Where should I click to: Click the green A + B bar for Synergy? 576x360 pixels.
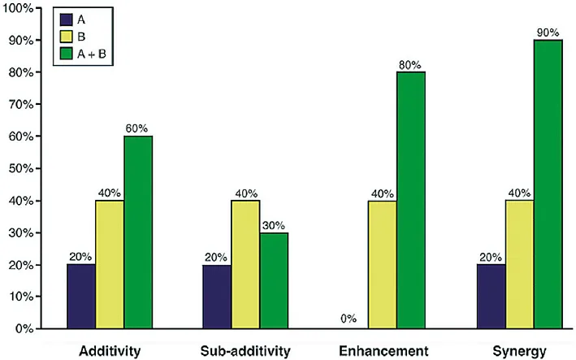[x=548, y=184]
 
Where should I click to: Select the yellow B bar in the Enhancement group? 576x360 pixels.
[x=383, y=264]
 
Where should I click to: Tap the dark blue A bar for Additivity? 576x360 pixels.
[x=81, y=297]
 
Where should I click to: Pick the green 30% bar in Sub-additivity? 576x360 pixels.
[x=274, y=280]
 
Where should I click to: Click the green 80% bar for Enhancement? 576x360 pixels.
[x=411, y=200]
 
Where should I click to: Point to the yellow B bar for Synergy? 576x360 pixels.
[x=520, y=264]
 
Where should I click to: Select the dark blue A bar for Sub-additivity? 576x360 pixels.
[x=217, y=297]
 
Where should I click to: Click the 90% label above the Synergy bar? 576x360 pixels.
[x=548, y=33]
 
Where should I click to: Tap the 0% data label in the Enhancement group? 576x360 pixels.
[x=349, y=319]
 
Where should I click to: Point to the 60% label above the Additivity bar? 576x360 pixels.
[x=136, y=128]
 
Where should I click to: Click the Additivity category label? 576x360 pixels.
[x=110, y=351]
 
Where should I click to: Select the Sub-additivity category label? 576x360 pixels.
[x=245, y=351]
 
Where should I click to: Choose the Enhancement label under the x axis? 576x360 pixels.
[x=383, y=351]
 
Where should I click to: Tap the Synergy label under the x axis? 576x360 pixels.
[x=519, y=352]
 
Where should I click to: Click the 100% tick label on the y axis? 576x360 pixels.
[x=19, y=8]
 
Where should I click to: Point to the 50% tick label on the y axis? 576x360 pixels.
[x=21, y=168]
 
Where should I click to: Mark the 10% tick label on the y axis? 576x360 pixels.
[x=21, y=297]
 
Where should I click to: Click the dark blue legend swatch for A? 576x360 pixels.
[x=66, y=20]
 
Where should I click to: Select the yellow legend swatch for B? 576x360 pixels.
[x=66, y=37]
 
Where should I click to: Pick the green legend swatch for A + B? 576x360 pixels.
[x=66, y=54]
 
